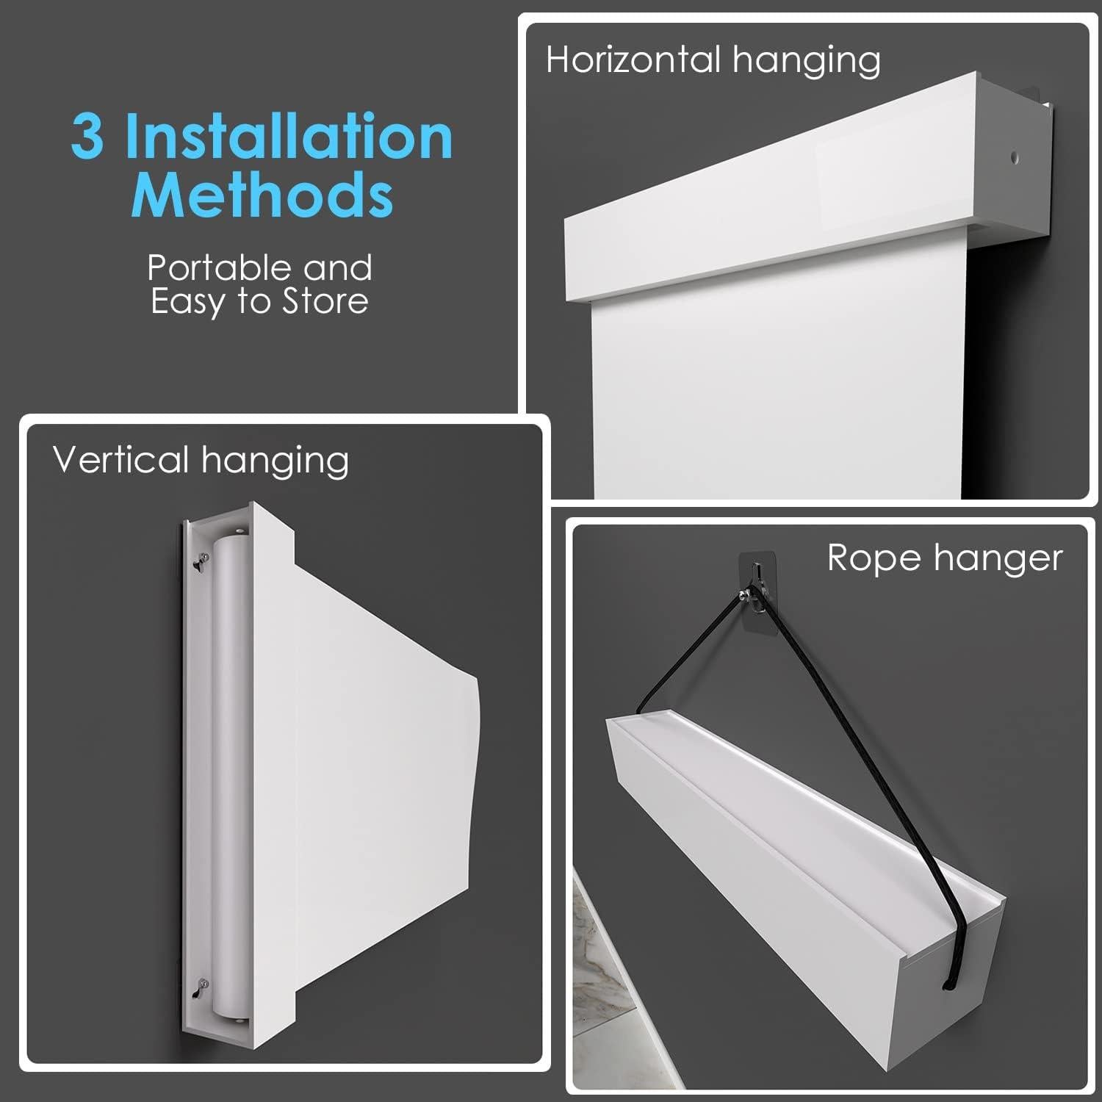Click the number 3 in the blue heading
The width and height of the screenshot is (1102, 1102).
click(x=87, y=137)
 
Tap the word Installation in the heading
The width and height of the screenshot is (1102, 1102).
click(x=288, y=137)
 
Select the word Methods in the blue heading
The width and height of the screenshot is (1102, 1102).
click(x=262, y=195)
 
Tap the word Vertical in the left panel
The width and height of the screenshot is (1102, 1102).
click(x=121, y=460)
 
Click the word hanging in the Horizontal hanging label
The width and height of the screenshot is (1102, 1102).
click(x=806, y=61)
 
